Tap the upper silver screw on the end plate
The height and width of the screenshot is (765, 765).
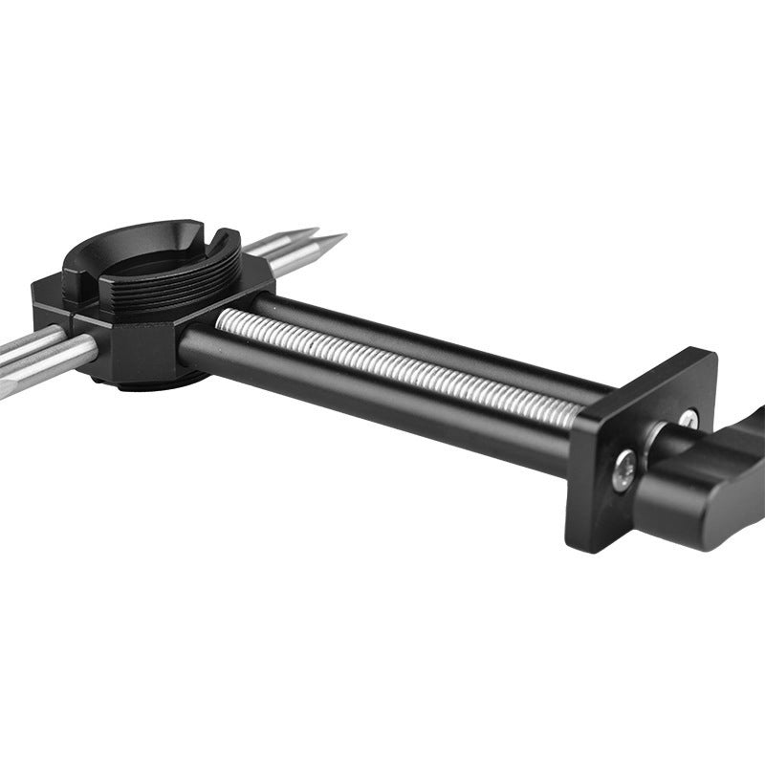(x=688, y=419)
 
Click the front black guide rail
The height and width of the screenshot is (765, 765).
(x=382, y=402)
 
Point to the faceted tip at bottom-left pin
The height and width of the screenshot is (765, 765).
(x=8, y=387)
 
